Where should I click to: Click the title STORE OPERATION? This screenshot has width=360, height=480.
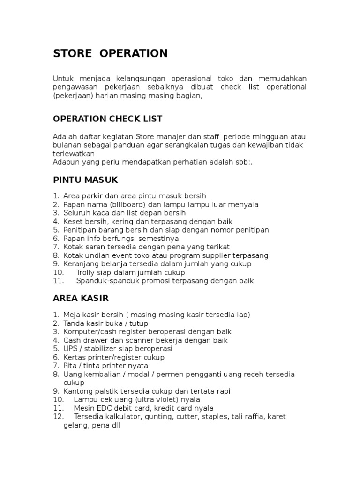pos(110,53)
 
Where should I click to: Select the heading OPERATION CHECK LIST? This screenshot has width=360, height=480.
pos(108,119)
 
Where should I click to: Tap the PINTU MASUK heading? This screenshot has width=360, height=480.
pos(85,180)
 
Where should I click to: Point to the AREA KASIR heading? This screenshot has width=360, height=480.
pos(81,298)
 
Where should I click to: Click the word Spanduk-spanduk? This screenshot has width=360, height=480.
pos(105,281)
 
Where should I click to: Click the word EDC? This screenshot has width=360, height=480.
pos(105,408)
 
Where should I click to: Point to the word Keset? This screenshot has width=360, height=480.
pos(73,221)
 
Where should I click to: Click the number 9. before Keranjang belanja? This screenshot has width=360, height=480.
pos(56,263)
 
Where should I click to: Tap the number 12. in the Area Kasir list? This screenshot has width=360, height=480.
pos(59,416)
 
